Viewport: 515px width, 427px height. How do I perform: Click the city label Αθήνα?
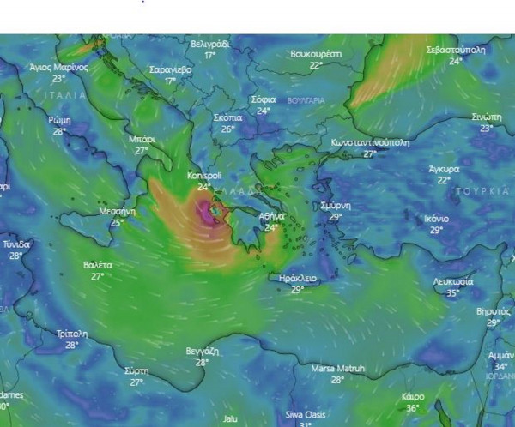point(271,216)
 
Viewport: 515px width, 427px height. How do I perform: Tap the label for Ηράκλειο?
point(298,279)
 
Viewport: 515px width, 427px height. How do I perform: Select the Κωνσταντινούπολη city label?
point(369,142)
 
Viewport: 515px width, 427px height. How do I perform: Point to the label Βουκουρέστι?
point(316,53)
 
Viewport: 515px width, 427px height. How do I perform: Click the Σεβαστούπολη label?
point(456,50)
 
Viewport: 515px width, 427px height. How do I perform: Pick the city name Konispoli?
point(203,176)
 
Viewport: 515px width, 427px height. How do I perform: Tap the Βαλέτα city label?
point(98,265)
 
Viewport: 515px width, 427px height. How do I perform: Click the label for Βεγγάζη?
point(202,352)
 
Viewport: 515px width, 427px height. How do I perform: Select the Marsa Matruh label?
point(337,369)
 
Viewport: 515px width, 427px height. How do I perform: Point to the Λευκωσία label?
point(452,281)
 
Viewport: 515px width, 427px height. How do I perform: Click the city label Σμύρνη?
point(334,206)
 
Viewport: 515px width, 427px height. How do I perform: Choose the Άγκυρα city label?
point(444,169)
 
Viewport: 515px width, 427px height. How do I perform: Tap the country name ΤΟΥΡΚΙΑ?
point(484,190)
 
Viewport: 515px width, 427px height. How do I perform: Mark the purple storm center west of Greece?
point(209,211)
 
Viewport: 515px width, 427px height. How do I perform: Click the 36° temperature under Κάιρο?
point(412,408)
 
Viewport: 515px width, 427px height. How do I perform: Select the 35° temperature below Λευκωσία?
point(452,292)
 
